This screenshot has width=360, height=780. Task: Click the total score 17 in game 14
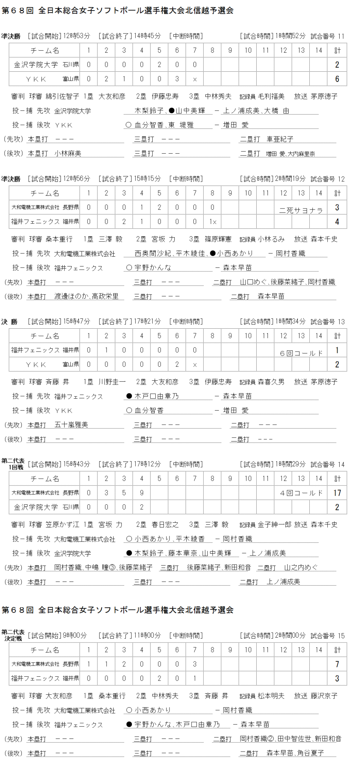click(x=337, y=493)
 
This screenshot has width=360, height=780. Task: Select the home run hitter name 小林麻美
click(x=68, y=153)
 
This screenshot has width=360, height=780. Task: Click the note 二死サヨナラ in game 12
click(x=301, y=210)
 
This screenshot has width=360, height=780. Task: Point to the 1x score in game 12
click(x=213, y=222)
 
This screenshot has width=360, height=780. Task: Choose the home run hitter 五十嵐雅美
click(x=71, y=425)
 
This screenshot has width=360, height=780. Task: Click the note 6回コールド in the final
click(x=301, y=353)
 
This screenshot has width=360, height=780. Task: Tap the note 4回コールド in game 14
click(x=301, y=493)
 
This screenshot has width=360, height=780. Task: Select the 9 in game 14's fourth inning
click(x=142, y=493)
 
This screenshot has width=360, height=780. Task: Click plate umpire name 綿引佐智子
click(x=62, y=96)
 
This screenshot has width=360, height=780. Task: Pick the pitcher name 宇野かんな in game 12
click(x=153, y=267)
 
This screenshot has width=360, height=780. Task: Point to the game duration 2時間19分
click(x=290, y=179)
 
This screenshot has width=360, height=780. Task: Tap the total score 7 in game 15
click(x=337, y=664)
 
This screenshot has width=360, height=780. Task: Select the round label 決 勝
click(x=9, y=322)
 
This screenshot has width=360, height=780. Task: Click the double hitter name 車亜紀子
click(x=280, y=139)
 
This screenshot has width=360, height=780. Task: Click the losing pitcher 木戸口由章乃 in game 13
click(x=156, y=396)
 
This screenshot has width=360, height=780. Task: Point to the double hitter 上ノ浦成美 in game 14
click(x=283, y=582)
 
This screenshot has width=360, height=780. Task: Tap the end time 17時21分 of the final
click(x=147, y=321)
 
